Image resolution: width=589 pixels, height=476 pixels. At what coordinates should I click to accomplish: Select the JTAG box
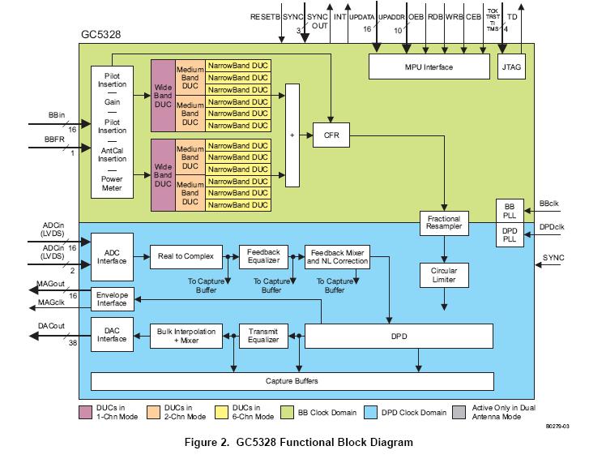[510, 67]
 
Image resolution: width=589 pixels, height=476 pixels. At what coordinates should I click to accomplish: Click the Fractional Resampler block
[443, 223]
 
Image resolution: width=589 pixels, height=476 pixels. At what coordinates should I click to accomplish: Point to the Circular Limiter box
[443, 275]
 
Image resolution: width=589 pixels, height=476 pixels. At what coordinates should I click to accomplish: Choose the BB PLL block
[510, 210]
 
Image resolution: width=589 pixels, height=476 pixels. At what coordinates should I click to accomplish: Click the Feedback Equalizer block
[263, 257]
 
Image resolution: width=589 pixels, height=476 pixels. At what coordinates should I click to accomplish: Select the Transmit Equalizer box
[263, 335]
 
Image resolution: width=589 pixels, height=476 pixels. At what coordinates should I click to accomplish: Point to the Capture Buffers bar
[292, 380]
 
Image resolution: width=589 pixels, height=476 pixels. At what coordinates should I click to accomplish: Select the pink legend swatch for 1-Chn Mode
[87, 412]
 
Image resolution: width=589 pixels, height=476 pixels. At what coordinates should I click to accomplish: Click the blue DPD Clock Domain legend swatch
[373, 412]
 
